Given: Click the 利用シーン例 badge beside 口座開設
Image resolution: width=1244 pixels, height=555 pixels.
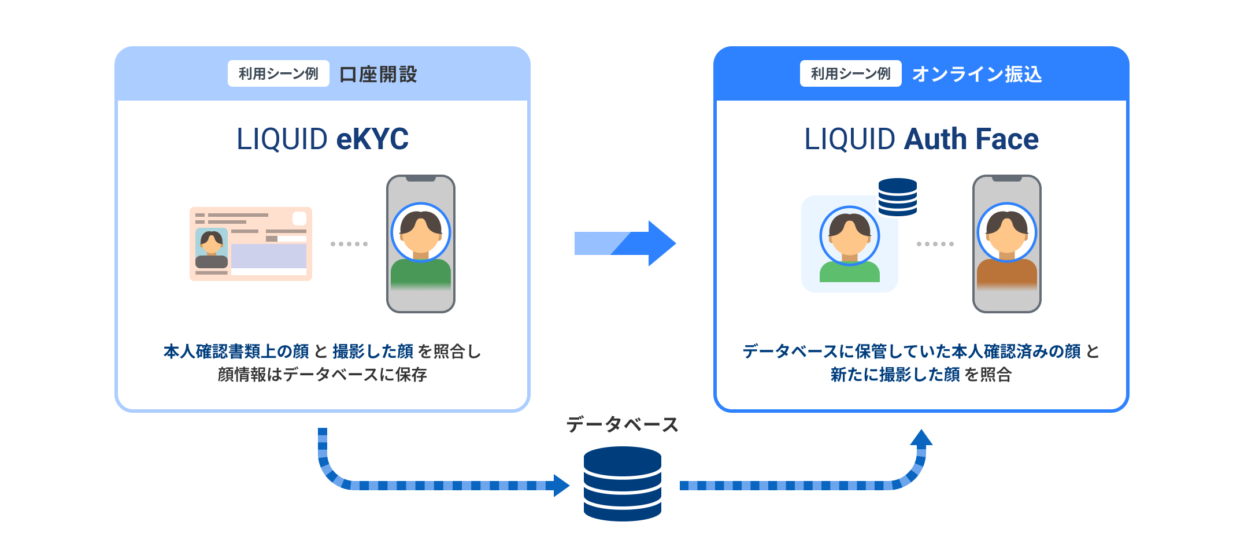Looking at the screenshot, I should click(x=278, y=74).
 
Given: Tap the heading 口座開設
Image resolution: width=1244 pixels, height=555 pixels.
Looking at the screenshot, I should click(x=378, y=75).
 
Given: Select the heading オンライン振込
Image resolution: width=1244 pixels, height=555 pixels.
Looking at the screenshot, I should click(x=977, y=75).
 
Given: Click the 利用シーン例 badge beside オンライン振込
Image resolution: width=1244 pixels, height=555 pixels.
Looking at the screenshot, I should click(x=850, y=74).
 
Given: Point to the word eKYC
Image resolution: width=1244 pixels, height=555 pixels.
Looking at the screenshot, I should click(x=372, y=139).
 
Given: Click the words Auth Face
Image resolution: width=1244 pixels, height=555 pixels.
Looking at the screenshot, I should click(x=971, y=139).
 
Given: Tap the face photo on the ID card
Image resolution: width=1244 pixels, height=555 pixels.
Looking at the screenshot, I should click(x=211, y=249).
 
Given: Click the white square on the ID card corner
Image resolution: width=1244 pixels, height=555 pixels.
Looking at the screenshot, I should click(x=299, y=219).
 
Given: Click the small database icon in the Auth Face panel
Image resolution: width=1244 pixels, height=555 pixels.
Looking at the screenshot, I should click(x=897, y=197).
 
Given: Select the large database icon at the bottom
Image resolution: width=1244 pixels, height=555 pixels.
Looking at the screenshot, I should click(x=622, y=484).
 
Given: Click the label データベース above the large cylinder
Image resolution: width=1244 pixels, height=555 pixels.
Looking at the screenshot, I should click(x=622, y=425).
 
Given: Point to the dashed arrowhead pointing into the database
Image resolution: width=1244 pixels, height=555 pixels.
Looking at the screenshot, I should click(x=560, y=486).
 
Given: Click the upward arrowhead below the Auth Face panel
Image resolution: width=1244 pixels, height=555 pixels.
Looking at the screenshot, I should click(x=921, y=438).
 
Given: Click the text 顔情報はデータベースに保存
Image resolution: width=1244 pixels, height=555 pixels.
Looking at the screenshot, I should click(x=322, y=375).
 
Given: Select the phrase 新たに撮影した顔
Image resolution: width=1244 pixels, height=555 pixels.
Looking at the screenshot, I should click(x=895, y=375).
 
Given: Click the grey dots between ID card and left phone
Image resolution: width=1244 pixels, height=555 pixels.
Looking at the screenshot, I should click(x=349, y=244).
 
